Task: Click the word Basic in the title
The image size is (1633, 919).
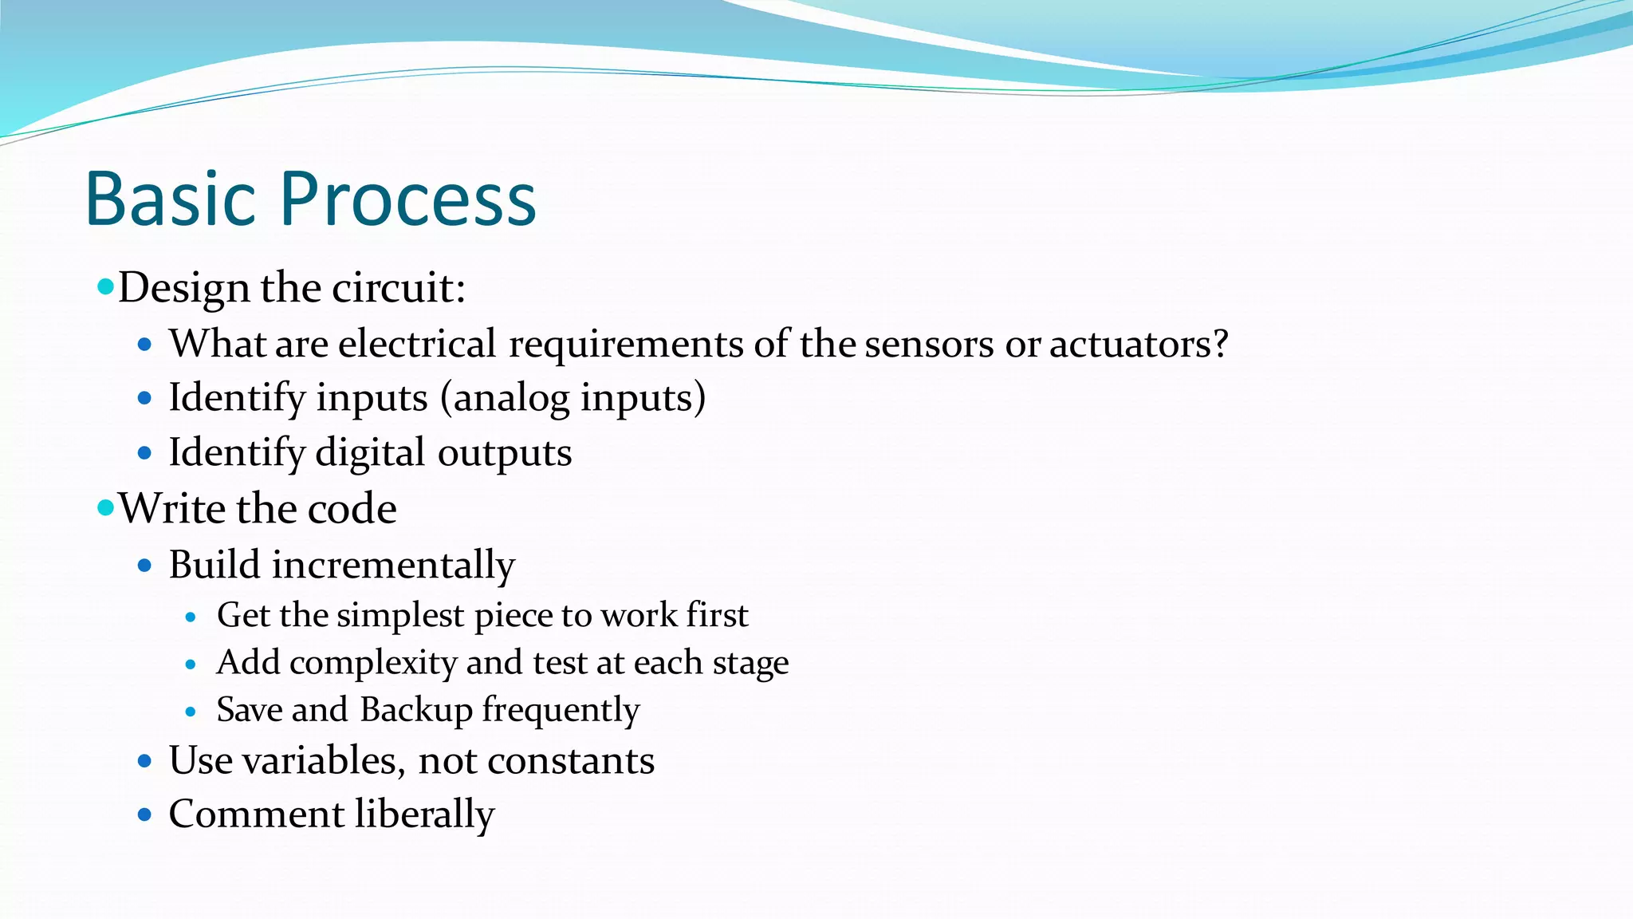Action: [x=170, y=199]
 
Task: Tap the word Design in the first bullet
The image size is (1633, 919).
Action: [x=184, y=288]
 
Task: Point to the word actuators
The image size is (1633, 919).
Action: [x=1138, y=345]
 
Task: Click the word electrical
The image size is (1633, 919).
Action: [x=417, y=345]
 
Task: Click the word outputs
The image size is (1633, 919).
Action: [x=504, y=452]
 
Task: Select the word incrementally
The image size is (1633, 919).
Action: [x=394, y=566]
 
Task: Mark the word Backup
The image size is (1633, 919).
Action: [x=416, y=710]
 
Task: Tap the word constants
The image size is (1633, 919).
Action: [x=571, y=760]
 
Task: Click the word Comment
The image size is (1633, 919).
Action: [x=257, y=814]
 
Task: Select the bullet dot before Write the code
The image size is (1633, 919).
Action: [x=105, y=507]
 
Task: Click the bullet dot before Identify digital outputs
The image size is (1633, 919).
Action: [x=144, y=453]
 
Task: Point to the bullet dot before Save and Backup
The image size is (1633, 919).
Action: [x=191, y=712]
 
